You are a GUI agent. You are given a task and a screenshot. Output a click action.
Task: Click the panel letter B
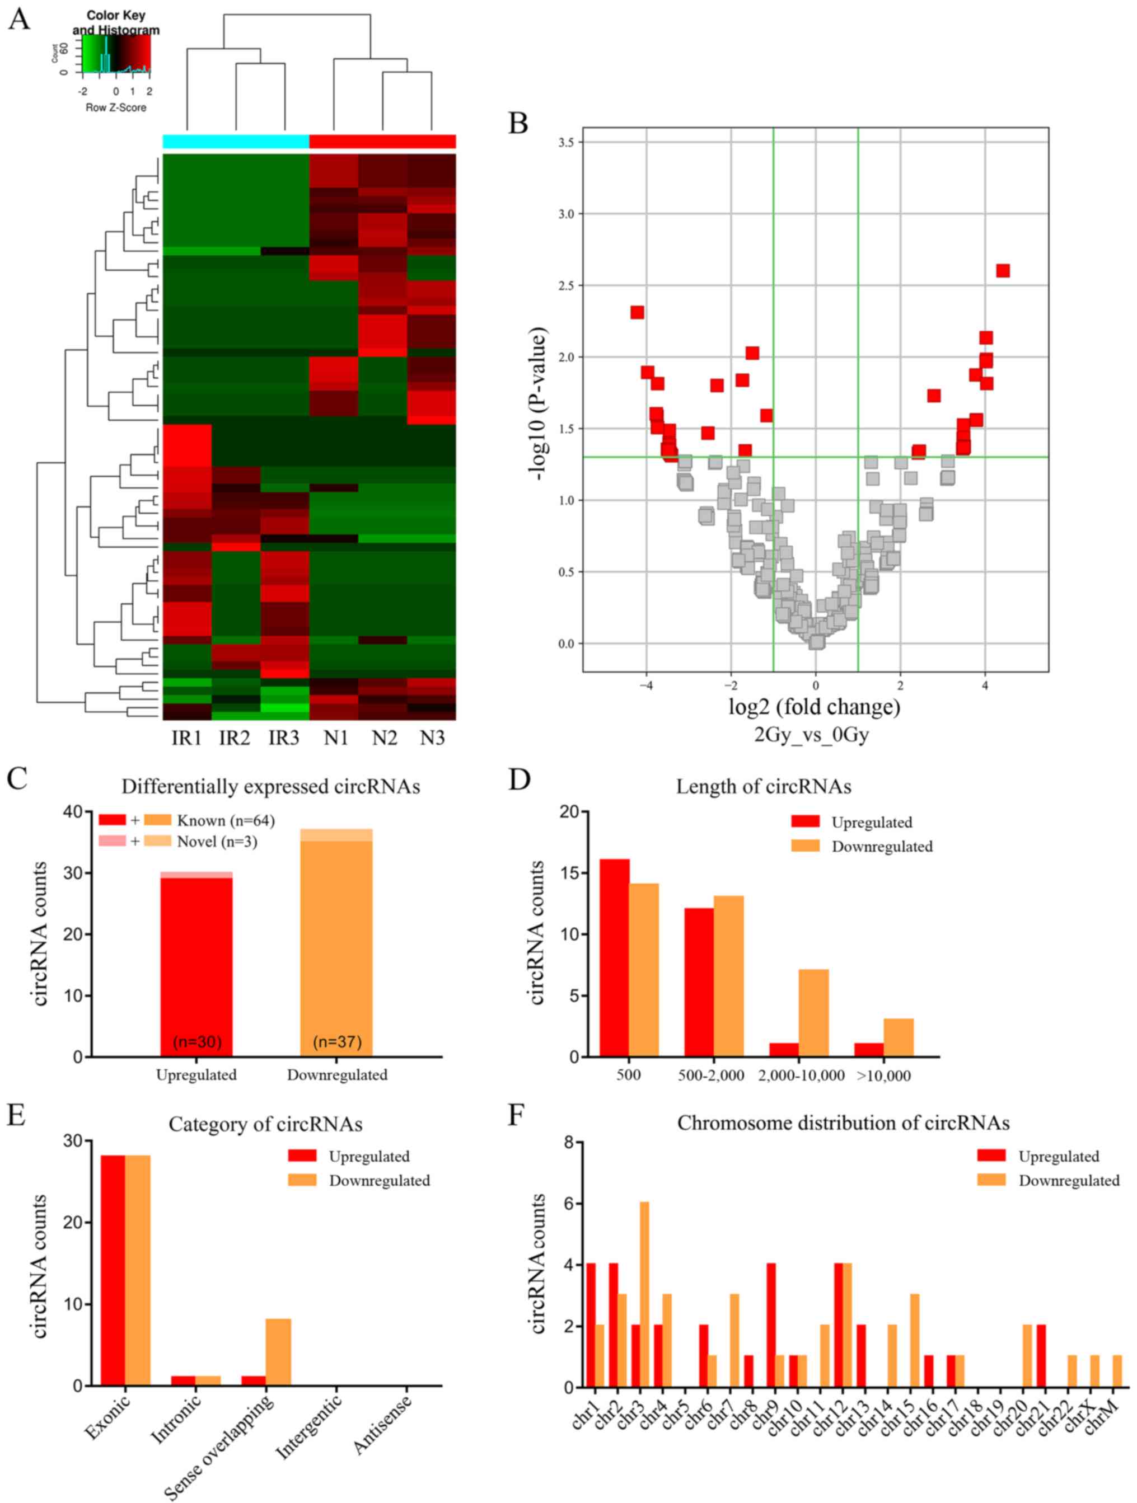click(x=518, y=124)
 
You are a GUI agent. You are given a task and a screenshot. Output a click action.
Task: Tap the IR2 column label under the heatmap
click(x=235, y=738)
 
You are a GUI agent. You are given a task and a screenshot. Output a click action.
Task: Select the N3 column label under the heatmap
click(x=432, y=738)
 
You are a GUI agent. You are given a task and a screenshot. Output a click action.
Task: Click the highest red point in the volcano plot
click(x=1003, y=271)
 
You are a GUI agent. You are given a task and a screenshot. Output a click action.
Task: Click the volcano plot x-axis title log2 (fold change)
click(x=814, y=707)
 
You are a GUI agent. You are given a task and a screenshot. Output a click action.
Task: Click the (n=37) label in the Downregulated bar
click(x=337, y=1042)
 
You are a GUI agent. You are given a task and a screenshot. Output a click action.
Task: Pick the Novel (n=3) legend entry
click(x=217, y=841)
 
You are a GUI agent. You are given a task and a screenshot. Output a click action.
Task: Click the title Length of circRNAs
click(x=763, y=786)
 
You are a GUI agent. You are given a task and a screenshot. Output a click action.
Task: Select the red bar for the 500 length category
click(x=614, y=958)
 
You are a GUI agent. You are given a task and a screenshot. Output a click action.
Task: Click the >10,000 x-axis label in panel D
click(x=883, y=1076)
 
